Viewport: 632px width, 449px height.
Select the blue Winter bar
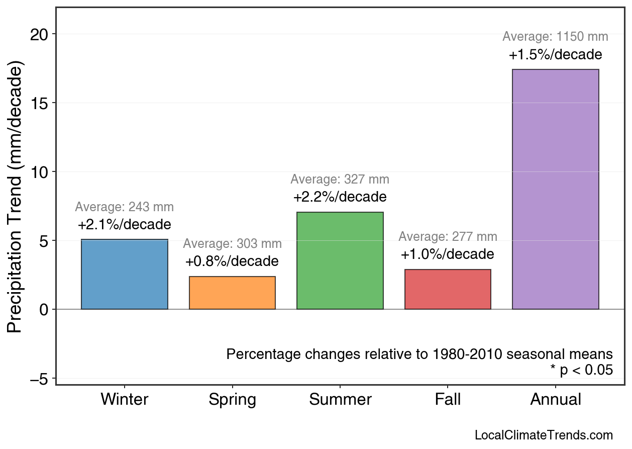coord(125,275)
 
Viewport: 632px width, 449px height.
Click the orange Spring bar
coord(232,293)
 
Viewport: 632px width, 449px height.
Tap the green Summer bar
coord(340,261)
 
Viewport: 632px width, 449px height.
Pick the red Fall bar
coord(448,290)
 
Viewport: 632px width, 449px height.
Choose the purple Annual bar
coord(555,189)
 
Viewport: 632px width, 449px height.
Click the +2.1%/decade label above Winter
coord(125,225)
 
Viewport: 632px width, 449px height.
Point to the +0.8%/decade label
coord(232,262)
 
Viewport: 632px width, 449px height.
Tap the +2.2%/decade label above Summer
coord(340,197)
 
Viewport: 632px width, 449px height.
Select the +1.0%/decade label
coord(448,254)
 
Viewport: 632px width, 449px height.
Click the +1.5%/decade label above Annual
coord(555,55)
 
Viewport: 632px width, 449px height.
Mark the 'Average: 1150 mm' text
coord(555,37)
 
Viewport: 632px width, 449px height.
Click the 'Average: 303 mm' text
coord(232,244)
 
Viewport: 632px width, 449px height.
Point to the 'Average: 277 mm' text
coord(448,237)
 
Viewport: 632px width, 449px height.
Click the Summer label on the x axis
coord(340,400)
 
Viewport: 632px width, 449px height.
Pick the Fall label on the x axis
coord(448,400)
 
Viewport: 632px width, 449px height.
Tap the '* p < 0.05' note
coord(581,371)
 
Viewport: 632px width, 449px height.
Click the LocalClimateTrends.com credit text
coord(544,435)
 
